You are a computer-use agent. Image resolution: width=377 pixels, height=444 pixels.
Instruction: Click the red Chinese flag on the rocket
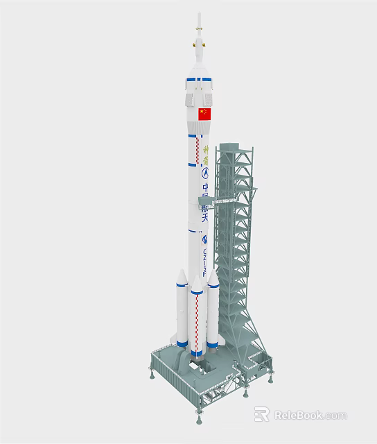(x=204, y=114)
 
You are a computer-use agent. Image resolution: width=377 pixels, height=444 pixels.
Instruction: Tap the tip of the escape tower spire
(x=199, y=14)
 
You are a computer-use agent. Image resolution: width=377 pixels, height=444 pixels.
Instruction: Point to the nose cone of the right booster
(x=213, y=275)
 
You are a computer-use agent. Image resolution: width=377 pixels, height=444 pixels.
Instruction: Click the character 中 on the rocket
(x=205, y=188)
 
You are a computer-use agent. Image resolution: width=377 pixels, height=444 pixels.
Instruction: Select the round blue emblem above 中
(x=205, y=172)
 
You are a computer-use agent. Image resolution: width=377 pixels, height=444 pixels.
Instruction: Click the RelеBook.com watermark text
(x=310, y=416)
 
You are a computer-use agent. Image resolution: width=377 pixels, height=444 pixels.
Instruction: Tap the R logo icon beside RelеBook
(x=261, y=415)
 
